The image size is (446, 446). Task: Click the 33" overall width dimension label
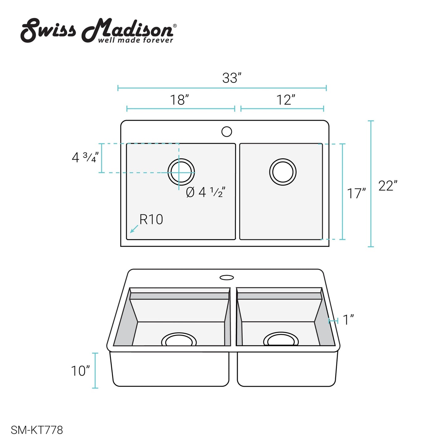tap(231, 78)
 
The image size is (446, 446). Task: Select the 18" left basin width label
tap(179, 100)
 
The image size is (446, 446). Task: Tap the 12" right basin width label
tap(286, 100)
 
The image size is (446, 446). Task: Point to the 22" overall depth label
tap(388, 186)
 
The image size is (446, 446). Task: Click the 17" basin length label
tap(356, 194)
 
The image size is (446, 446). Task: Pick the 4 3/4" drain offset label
tap(85, 157)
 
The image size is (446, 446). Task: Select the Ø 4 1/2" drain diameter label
tap(206, 192)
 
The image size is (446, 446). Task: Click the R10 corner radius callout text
tap(151, 219)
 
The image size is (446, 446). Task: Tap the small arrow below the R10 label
tap(134, 229)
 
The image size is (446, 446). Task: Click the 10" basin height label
tap(80, 371)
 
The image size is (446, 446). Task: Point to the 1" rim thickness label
tap(348, 320)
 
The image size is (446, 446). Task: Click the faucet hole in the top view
tap(227, 131)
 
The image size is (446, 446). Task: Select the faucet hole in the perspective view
tap(227, 277)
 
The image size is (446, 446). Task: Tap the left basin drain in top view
tap(181, 172)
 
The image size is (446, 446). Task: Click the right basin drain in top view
tap(283, 172)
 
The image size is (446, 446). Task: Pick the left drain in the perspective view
tap(179, 340)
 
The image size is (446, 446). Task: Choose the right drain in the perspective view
tap(281, 340)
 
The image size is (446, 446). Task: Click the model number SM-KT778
tap(37, 430)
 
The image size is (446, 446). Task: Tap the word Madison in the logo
tap(128, 30)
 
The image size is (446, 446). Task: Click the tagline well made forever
tap(135, 40)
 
